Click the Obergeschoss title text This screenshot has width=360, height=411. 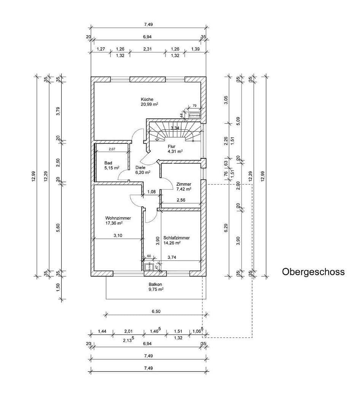coord(313,272)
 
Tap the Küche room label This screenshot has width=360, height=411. coord(147,99)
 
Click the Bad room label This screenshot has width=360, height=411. coord(108,162)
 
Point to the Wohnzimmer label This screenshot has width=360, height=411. coord(118,218)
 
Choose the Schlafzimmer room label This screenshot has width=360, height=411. coord(176,238)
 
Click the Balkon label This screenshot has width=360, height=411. coord(156,284)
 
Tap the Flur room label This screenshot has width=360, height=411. coord(171,146)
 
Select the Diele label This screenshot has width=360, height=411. coord(140,167)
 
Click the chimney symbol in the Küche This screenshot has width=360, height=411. coord(194,115)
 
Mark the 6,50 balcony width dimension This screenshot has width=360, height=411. coord(156,311)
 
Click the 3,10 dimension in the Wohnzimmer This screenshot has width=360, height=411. coord(118,236)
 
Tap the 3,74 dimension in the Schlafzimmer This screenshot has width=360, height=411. coord(172,257)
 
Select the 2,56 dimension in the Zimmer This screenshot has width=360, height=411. coord(181,200)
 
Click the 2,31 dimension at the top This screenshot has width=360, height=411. coord(148,49)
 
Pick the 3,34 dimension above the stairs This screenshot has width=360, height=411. coord(175,128)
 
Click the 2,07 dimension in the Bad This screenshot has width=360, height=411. coord(112,149)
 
